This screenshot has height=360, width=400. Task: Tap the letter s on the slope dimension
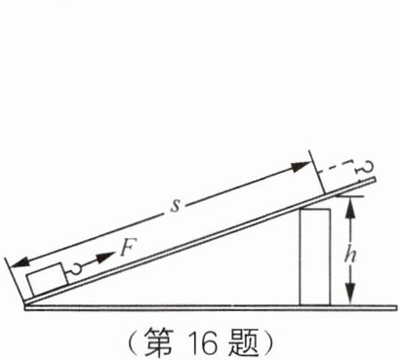tap(175, 207)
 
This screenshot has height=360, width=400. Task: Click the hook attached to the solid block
tap(72, 268)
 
